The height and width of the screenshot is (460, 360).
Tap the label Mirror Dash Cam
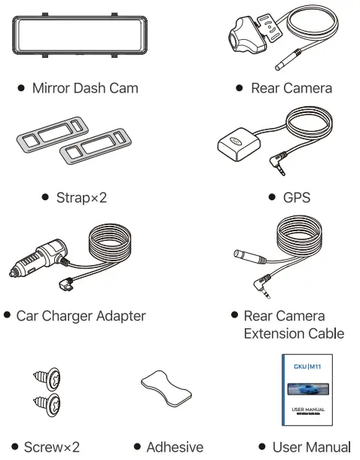84,88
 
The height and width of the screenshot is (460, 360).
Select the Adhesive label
174,447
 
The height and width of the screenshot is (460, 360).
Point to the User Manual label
311,447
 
